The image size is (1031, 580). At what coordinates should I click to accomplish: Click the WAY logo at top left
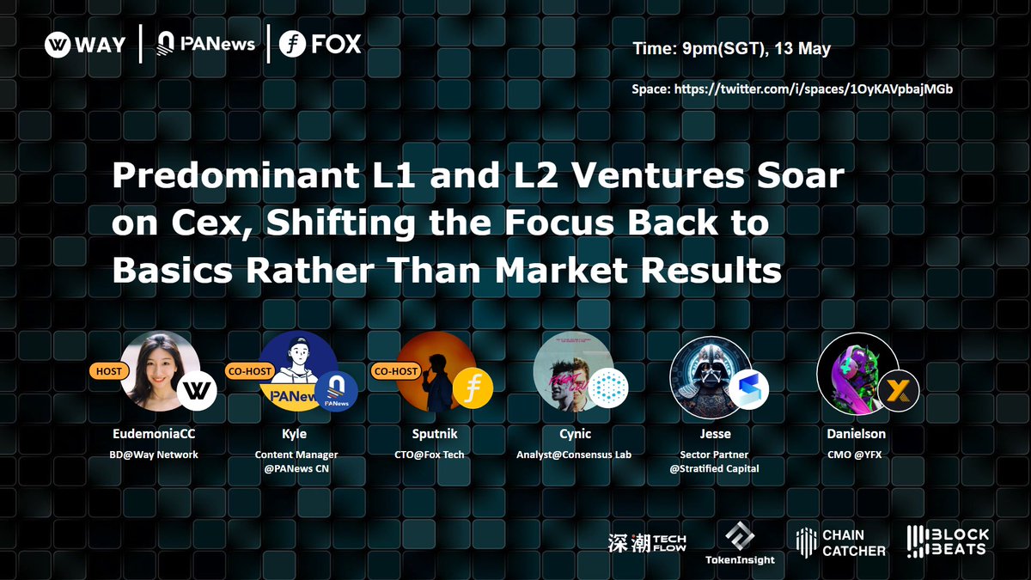85,45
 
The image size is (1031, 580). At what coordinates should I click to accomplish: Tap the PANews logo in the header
205,44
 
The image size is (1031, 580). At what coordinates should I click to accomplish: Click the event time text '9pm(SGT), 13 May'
756,49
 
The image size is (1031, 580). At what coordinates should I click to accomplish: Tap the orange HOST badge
108,371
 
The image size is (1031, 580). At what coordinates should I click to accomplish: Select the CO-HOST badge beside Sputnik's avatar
396,371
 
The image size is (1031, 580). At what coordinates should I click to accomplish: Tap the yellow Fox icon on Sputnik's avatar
473,387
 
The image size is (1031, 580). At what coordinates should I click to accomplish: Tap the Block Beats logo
948,541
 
